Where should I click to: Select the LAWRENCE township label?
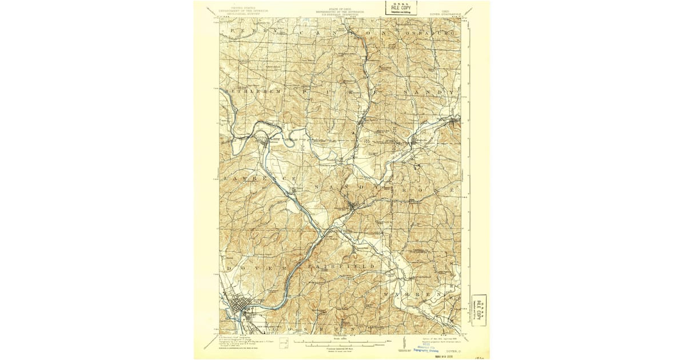click(x=254, y=179)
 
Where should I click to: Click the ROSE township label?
click(x=435, y=188)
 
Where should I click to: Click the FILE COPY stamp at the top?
click(x=400, y=8)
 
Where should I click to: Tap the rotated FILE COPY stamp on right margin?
click(x=479, y=310)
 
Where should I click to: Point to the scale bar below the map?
click(x=343, y=343)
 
